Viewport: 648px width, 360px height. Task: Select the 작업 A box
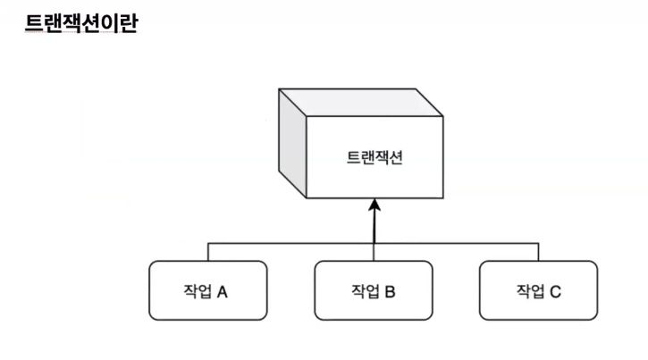[207, 290]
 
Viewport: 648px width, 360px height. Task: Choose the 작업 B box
[374, 290]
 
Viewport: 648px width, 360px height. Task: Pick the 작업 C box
[538, 290]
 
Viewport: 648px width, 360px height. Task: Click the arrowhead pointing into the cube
[375, 205]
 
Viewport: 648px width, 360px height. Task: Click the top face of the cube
[361, 102]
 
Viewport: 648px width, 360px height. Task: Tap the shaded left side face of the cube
[292, 143]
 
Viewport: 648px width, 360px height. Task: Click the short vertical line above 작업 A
[207, 251]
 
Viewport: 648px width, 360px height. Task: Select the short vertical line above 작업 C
[538, 251]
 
